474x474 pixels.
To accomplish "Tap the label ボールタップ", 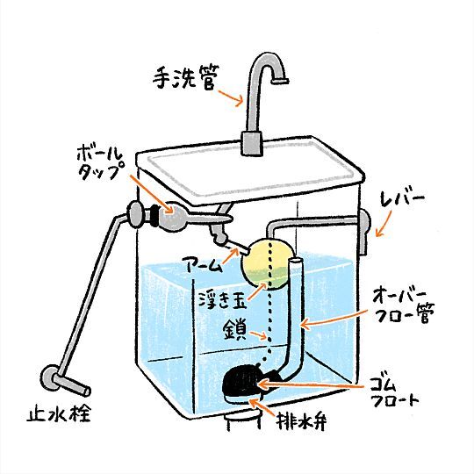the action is tap(101, 164).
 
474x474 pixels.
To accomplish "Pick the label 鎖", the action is tap(235, 331).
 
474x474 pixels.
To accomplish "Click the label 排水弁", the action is tap(301, 420).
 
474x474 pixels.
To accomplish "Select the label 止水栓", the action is tap(59, 413).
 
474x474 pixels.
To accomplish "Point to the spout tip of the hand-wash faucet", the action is tap(280, 81).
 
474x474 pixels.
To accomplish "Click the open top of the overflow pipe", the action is tap(296, 260).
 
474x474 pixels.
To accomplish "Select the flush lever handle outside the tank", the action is tap(364, 230).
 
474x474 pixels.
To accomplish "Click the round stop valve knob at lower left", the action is tap(48, 377).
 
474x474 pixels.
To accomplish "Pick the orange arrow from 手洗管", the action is tap(231, 97).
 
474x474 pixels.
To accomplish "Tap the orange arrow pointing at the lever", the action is tap(383, 224).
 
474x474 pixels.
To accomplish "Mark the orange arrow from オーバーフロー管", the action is tap(334, 318).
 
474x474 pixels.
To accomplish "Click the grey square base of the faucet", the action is tap(252, 143).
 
